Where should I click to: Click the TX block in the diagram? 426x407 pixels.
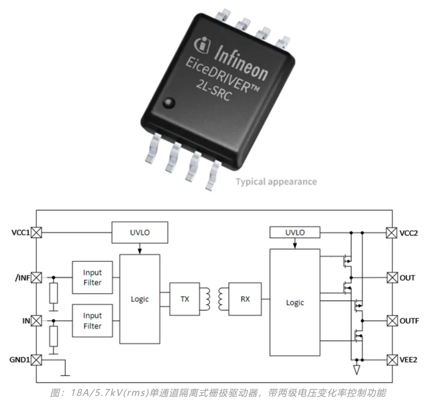point(184,299)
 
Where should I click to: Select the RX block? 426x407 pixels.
point(245,299)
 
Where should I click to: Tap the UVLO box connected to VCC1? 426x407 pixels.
point(140,232)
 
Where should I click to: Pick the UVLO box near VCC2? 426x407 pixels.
point(295,232)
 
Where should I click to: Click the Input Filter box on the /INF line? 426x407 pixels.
point(92,277)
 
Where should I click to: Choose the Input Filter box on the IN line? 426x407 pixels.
point(92,321)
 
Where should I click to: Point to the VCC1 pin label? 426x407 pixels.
point(20,233)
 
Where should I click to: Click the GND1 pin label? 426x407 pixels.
point(19,359)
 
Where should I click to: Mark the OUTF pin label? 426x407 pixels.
point(409,321)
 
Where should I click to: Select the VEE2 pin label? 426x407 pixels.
point(409,359)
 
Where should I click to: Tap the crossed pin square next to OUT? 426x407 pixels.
point(392,278)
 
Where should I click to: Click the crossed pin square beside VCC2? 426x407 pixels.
point(392,233)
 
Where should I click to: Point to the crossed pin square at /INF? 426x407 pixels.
point(36,277)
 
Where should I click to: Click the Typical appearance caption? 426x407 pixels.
point(276,182)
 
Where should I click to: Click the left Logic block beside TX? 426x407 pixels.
point(140,299)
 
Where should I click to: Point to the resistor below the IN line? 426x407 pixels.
point(54,336)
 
